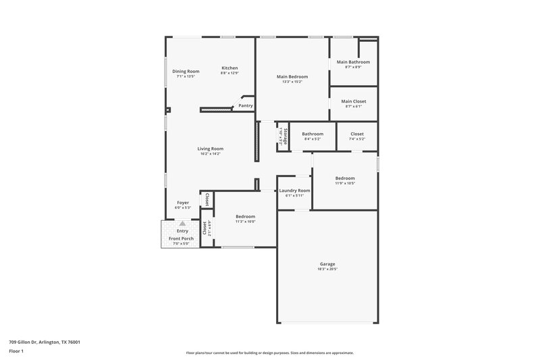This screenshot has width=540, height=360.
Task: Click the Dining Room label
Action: [186, 71]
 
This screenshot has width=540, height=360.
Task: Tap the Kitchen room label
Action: [230, 68]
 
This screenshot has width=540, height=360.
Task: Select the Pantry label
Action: [246, 105]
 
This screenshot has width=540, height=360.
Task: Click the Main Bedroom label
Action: [292, 76]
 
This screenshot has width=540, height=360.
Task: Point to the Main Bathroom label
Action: [353, 62]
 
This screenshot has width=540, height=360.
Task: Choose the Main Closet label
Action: [354, 101]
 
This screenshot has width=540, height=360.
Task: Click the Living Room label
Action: [211, 149]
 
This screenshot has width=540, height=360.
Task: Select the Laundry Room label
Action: [294, 190]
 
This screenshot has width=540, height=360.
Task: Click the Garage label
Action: [327, 263]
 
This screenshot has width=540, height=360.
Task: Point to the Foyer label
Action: [183, 203]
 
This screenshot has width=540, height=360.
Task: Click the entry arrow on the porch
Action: [182, 223]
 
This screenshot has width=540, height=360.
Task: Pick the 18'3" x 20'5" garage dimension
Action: [327, 269]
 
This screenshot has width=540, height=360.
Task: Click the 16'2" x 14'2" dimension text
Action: [211, 154]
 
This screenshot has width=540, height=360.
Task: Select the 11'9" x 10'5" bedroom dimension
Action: [345, 183]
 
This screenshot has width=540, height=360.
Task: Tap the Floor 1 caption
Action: [17, 352]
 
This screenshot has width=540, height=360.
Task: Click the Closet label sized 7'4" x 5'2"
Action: [357, 134]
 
